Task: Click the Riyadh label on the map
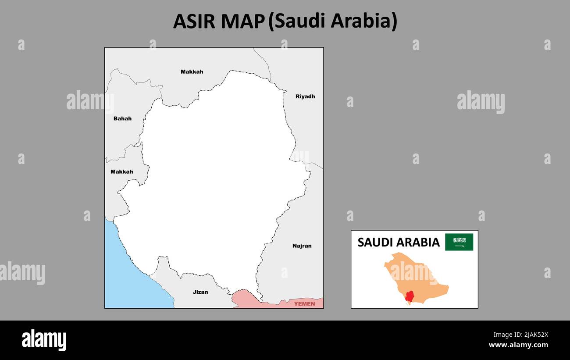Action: coord(305,96)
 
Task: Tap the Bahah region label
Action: coord(122,118)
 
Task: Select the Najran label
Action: coord(302,246)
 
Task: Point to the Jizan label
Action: coord(200,292)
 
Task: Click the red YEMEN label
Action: coord(304,303)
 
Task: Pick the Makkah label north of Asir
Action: coord(192,71)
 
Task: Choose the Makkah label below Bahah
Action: coord(121,172)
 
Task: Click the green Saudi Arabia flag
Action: coord(459,242)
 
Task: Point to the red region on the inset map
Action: coord(410,297)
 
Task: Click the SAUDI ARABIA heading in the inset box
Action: coord(398,242)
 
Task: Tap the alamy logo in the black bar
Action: coord(44,340)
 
